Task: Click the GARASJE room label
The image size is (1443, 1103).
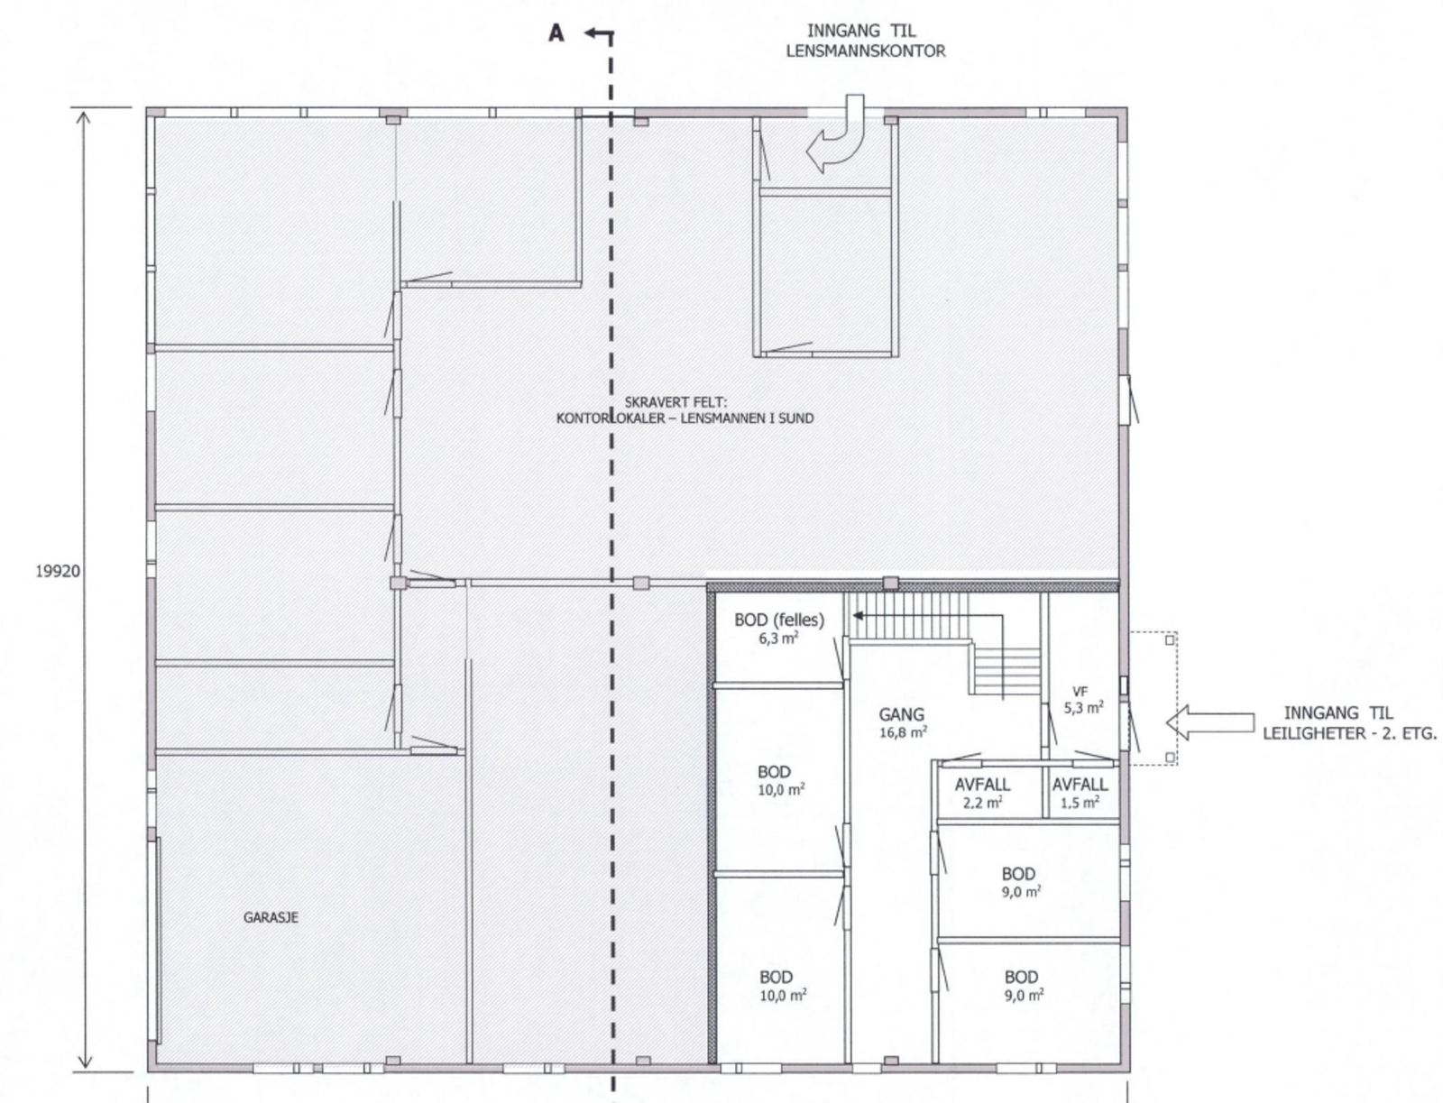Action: tap(271, 917)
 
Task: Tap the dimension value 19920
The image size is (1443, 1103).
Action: tap(58, 571)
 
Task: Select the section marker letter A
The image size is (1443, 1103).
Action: tap(556, 33)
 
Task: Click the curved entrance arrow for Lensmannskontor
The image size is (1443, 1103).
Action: tap(835, 134)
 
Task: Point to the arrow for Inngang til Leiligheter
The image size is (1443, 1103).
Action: tap(1210, 722)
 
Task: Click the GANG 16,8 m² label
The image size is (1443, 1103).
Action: tap(902, 722)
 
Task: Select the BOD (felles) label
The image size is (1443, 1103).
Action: tap(779, 620)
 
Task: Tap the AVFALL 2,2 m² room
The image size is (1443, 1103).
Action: tap(983, 792)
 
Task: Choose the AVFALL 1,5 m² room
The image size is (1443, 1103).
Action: tap(1080, 792)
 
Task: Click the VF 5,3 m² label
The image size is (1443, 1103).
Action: tap(1083, 699)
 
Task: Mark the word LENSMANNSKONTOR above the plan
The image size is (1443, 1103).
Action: tap(866, 51)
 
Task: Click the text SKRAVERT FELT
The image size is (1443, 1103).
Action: tap(676, 401)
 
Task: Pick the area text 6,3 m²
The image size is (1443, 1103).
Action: tap(778, 638)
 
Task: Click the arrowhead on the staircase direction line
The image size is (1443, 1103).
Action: tap(858, 615)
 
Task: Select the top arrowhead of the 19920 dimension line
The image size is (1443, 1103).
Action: tap(84, 118)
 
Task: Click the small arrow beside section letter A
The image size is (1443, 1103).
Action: tap(598, 32)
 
